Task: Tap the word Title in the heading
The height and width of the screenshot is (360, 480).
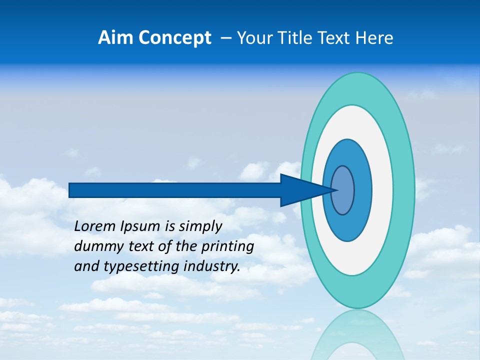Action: click(x=293, y=38)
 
